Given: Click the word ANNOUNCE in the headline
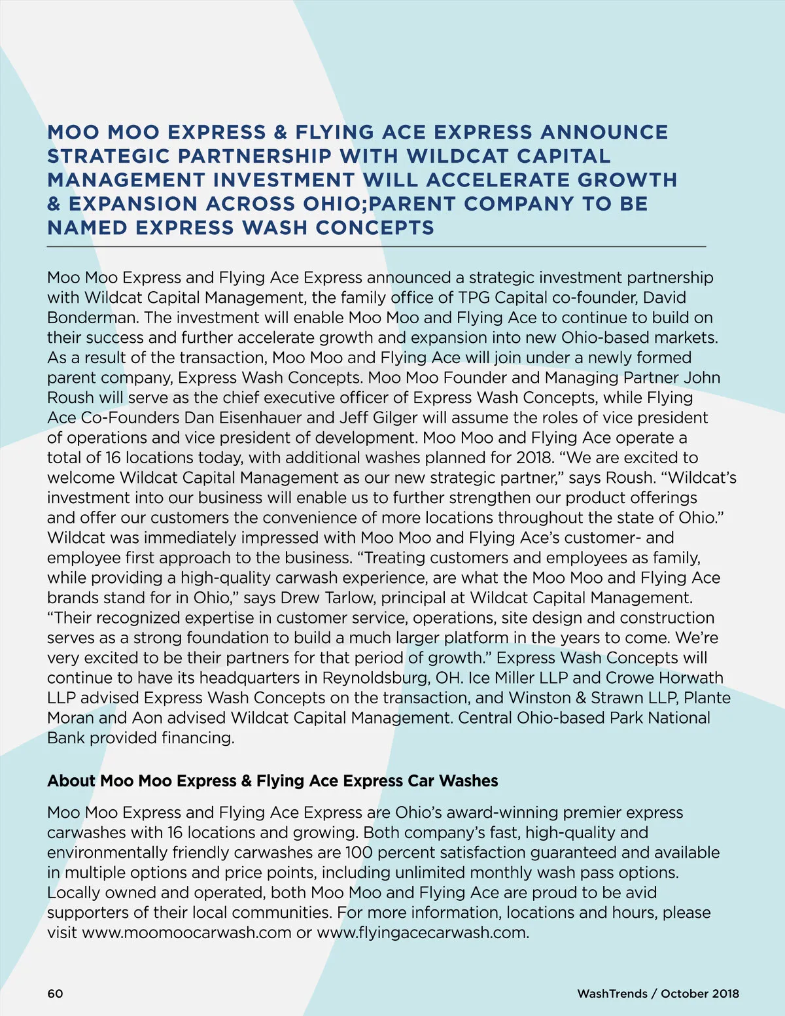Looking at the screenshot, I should click(604, 132).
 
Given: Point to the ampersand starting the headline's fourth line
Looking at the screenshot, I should click(54, 204).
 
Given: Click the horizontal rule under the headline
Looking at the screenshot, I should click(376, 247).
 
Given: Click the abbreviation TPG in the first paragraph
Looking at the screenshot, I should click(474, 298).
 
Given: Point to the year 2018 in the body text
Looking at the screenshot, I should click(534, 458).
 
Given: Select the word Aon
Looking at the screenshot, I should click(147, 718).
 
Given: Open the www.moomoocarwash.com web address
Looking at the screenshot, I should click(187, 933).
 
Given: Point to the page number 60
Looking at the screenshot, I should click(56, 994).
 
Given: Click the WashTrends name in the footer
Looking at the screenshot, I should click(612, 994).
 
